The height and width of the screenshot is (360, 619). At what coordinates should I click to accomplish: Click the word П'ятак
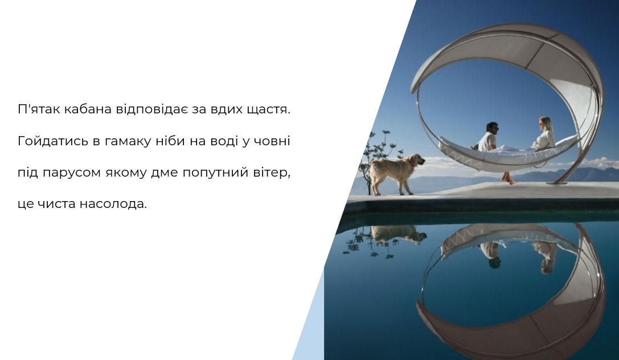pos(39,109)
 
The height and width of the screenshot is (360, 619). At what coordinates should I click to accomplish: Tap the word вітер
pos(272,173)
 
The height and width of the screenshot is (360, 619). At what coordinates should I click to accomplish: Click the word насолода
pos(113,204)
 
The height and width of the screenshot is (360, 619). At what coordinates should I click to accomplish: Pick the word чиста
pos(58,204)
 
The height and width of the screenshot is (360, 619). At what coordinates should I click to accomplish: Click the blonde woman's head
pos(545,124)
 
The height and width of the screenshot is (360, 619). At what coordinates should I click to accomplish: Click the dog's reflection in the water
pos(398,234)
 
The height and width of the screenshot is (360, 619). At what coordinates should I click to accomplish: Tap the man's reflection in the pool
pos(490,255)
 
